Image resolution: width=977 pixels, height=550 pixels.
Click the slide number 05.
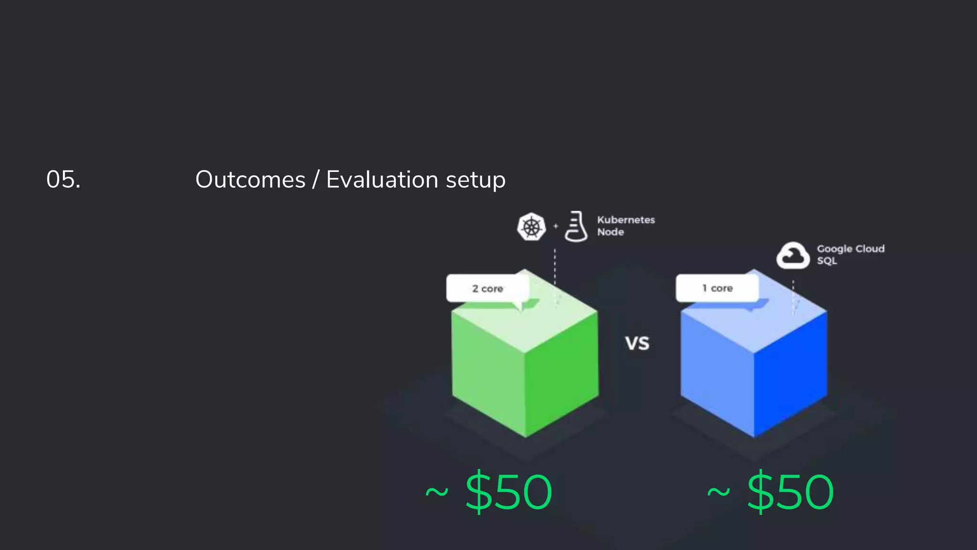point(63,180)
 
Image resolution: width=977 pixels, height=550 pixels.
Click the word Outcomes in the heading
point(250,180)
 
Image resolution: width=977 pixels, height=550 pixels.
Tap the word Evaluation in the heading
point(382,180)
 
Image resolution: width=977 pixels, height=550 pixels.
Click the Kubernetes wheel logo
point(531,226)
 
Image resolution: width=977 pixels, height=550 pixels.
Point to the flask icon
point(576,226)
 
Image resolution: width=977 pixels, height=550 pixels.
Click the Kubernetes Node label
point(625,226)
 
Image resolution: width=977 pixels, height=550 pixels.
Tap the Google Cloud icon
point(792,255)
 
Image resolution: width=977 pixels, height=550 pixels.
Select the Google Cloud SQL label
point(850,254)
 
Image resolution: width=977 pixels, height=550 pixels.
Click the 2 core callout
point(488,288)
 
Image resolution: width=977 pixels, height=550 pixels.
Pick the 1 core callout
point(717,288)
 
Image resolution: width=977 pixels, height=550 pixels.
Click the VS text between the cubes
point(637,343)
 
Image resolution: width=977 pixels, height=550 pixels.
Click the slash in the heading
point(315,180)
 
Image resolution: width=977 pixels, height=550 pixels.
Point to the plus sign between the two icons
point(555,226)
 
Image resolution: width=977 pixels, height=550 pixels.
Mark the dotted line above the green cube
point(555,267)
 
